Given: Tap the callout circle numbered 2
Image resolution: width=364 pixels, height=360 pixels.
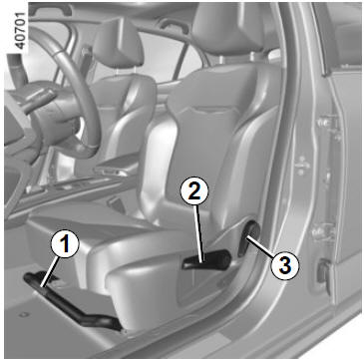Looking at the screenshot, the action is tap(194, 190).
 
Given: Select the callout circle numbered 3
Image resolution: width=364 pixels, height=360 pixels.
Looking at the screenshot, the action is tap(284, 265).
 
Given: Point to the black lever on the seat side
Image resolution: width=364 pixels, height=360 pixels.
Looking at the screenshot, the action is tap(206, 259).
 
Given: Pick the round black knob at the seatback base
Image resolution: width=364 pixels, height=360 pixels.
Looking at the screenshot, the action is tap(248, 238).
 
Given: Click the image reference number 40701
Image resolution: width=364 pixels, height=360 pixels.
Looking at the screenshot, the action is tap(20, 30).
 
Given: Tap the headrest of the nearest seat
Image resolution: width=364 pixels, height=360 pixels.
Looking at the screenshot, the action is tap(227, 28).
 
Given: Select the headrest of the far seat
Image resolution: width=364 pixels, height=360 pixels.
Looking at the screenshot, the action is tap(118, 45).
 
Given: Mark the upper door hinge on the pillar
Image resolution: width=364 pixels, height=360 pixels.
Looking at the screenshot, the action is tap(327, 127).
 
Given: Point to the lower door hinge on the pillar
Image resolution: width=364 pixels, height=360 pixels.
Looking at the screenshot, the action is tap(323, 232).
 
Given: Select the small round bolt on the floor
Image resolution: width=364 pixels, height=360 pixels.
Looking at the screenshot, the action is tap(24, 314).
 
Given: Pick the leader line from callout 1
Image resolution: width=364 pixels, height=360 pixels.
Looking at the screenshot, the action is tap(50, 272).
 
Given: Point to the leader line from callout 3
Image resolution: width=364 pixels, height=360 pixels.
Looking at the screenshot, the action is tap(260, 246).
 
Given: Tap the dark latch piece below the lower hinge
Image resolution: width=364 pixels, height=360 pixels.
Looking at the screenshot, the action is tap(323, 272).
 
